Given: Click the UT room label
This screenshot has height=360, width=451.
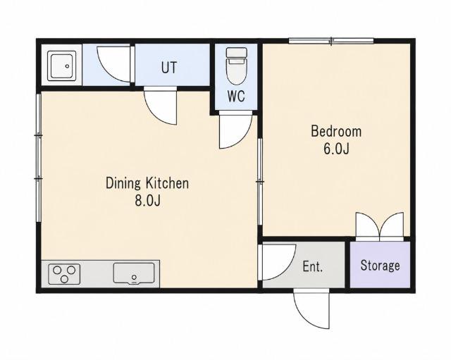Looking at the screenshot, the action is click(169, 68).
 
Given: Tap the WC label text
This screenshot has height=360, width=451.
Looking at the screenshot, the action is click(236, 96).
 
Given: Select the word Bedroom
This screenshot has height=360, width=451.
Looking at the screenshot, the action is click(336, 132).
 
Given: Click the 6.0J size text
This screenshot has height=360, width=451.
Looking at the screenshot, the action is click(336, 149).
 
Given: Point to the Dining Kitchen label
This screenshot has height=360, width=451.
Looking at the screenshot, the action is click(147, 183).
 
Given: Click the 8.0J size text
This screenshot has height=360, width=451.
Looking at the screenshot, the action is click(147, 201).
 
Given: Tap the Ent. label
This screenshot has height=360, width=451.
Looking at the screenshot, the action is click(312, 266).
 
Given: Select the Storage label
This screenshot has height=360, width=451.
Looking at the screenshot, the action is click(380, 266).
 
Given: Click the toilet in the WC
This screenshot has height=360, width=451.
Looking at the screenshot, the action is click(237, 66).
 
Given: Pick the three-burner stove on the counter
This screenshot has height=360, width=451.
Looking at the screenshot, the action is click(64, 274).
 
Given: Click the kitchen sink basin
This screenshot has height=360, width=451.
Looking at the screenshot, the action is click(134, 273).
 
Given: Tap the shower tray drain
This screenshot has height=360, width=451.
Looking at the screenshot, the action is click(68, 66).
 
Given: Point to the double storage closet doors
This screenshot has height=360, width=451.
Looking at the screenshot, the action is click(380, 227).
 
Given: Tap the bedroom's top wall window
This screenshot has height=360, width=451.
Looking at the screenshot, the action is click(331, 41).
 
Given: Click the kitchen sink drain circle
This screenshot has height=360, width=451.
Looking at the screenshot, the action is click(134, 277).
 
